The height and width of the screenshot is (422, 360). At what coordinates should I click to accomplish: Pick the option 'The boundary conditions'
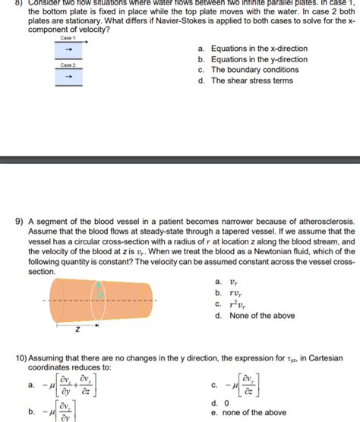[249, 70]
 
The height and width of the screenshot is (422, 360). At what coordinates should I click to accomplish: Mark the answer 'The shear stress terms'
[251, 80]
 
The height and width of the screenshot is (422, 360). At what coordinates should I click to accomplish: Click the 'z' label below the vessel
[77, 330]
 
